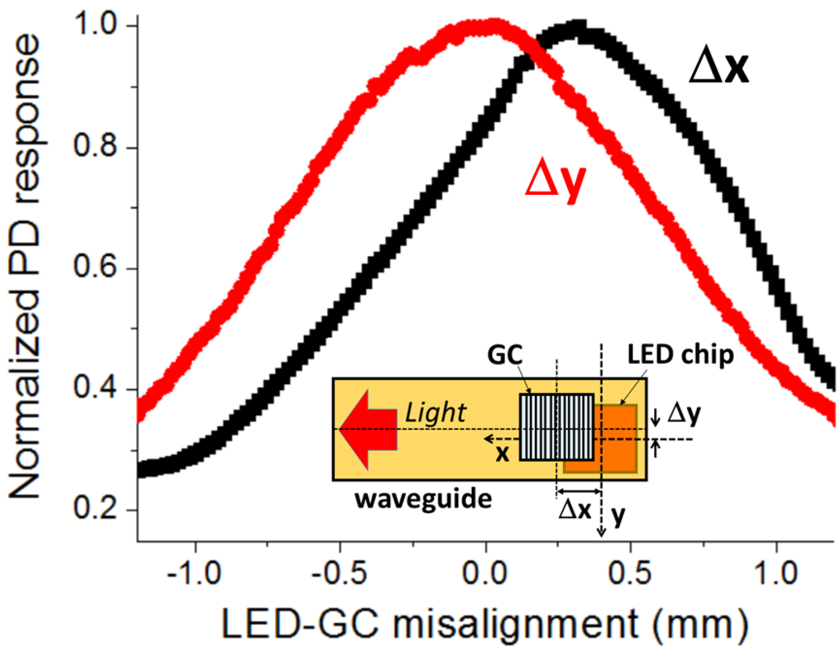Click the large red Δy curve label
556,181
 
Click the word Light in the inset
435,413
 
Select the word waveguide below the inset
423,500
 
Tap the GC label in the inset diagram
505,355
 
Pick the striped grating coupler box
557,427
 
